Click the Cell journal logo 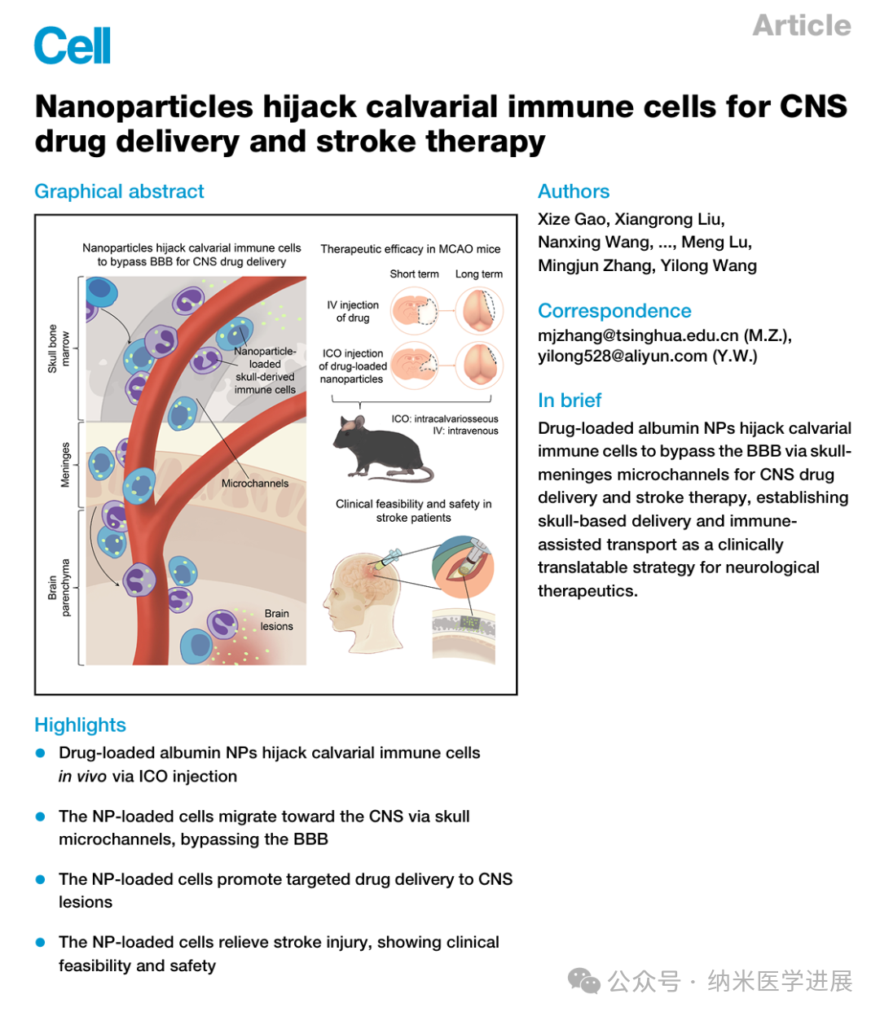click(x=72, y=46)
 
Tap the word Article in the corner click(x=801, y=25)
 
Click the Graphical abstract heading click(x=119, y=191)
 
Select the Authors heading click(x=574, y=191)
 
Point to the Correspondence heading click(x=614, y=311)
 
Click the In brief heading click(x=570, y=401)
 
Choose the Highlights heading click(x=80, y=725)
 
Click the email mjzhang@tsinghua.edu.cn click(x=638, y=335)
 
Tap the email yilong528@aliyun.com click(x=622, y=357)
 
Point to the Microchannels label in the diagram click(x=255, y=484)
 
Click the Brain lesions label click(x=276, y=620)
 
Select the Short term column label click(x=414, y=274)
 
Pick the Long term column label click(x=479, y=274)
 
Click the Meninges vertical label click(x=66, y=465)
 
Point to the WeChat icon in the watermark click(x=584, y=981)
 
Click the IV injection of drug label click(x=353, y=311)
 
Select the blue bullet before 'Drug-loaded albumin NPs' click(x=40, y=753)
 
